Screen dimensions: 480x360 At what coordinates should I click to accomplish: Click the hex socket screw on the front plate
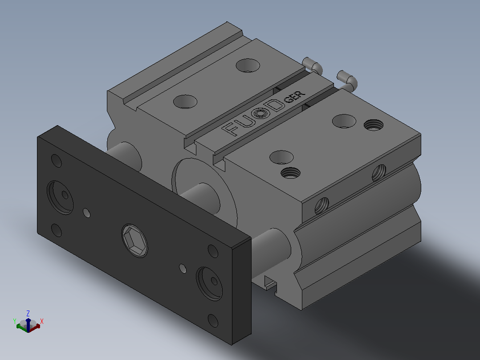coord(134,241)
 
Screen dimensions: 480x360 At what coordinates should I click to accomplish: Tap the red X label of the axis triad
coord(42,321)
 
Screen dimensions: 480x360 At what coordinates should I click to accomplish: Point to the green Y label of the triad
coord(15,321)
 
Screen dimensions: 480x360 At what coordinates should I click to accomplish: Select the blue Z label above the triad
coord(28,313)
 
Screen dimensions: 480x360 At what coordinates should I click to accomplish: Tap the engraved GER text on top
coord(294,97)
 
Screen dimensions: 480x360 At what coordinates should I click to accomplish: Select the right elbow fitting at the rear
coord(347,80)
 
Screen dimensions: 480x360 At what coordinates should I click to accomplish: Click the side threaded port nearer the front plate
coord(322,205)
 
